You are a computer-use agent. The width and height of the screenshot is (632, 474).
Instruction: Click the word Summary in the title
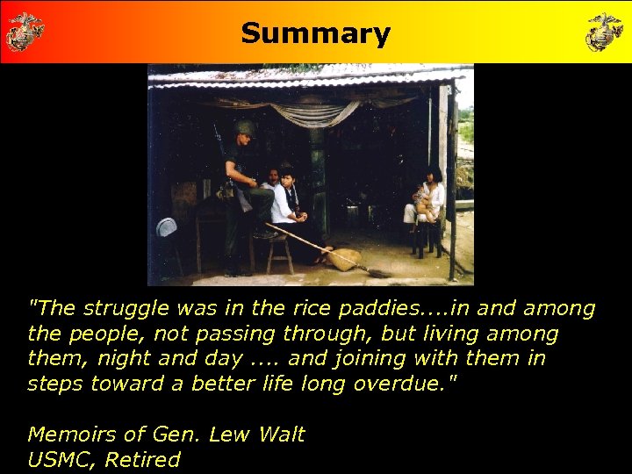(x=315, y=33)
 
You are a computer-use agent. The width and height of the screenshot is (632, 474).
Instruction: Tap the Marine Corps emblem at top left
(x=25, y=32)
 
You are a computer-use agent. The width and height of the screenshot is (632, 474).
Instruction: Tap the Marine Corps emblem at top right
(x=605, y=32)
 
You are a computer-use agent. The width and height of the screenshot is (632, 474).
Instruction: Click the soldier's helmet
(x=244, y=128)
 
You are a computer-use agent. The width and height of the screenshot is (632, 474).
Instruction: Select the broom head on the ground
(x=378, y=273)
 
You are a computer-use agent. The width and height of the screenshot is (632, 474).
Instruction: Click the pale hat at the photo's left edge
(x=167, y=227)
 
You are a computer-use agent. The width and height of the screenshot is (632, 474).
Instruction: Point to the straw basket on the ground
(x=343, y=258)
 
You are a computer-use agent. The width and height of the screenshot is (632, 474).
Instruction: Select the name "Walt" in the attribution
(x=280, y=434)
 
